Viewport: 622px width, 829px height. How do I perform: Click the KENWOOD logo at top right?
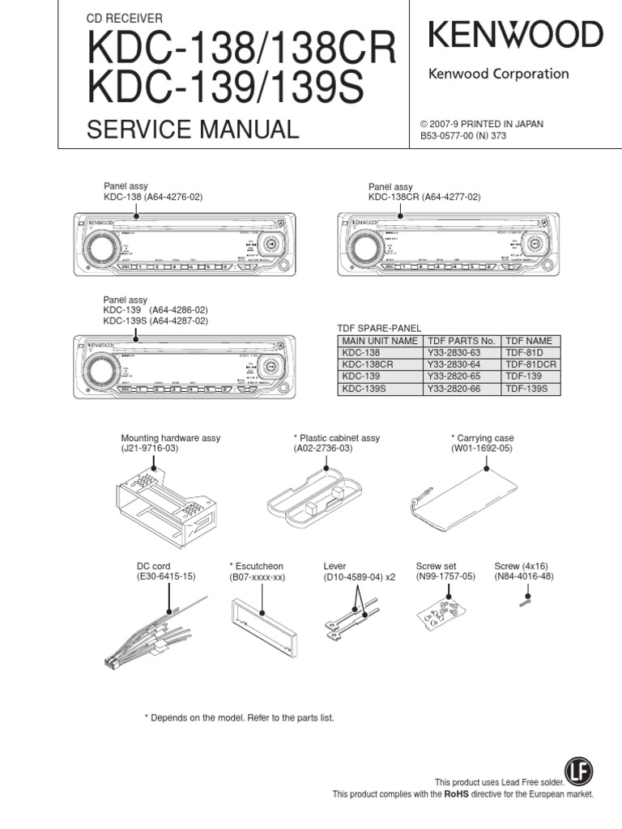515,36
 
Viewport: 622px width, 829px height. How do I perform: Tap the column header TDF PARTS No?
460,341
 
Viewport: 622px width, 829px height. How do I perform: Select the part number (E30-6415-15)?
166,576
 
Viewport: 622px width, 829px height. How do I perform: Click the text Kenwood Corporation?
498,74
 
